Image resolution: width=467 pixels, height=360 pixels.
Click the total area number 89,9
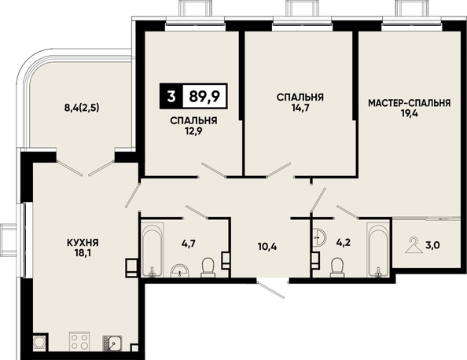click(204, 97)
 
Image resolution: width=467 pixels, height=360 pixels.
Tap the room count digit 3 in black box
click(171, 97)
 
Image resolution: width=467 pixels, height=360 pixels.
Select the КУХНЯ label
click(83, 243)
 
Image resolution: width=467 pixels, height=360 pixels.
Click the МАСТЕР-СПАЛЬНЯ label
click(410, 103)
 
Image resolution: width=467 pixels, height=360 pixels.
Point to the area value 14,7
click(300, 108)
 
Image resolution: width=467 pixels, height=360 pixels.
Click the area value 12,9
click(193, 131)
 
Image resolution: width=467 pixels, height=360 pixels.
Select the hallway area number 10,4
click(267, 246)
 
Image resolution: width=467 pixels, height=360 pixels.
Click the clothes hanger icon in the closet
click(414, 244)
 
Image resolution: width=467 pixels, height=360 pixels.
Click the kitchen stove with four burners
click(79, 341)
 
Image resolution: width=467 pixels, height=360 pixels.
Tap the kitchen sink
click(112, 343)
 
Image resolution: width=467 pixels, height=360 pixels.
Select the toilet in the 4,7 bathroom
click(208, 267)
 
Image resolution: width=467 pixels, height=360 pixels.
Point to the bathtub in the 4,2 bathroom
click(378, 250)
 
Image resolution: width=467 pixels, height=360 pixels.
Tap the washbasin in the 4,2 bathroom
click(319, 237)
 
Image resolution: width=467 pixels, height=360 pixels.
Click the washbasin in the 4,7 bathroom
click(180, 270)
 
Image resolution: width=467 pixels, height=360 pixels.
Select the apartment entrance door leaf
click(270, 289)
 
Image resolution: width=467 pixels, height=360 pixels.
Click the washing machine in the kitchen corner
click(39, 342)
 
